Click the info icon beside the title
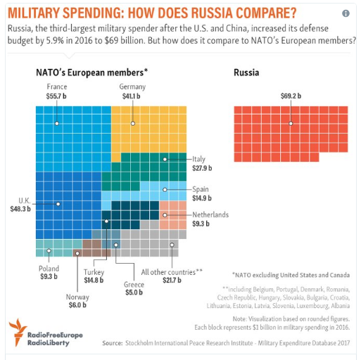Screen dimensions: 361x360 point(346,13)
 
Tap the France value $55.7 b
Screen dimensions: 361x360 point(56,96)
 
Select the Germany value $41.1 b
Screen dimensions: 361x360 point(132,96)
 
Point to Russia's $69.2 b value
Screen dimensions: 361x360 point(291,96)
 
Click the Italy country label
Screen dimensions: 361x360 point(199,159)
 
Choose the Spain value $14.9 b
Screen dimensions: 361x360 point(202,198)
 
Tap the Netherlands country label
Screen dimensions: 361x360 point(210,214)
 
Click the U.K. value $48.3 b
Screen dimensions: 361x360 point(20,209)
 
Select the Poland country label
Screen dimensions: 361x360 point(49,269)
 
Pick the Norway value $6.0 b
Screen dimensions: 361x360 point(77,305)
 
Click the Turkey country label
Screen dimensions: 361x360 point(94,272)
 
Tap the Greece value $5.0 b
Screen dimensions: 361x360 point(134,292)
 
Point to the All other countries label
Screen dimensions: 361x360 point(172,272)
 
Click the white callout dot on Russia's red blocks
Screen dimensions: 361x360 point(291,124)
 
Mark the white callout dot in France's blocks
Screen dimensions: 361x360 point(57,124)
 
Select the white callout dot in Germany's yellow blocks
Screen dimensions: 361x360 point(133,124)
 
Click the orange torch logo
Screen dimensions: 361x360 point(18,332)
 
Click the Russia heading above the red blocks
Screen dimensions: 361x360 point(246,72)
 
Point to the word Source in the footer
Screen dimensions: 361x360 point(113,343)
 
